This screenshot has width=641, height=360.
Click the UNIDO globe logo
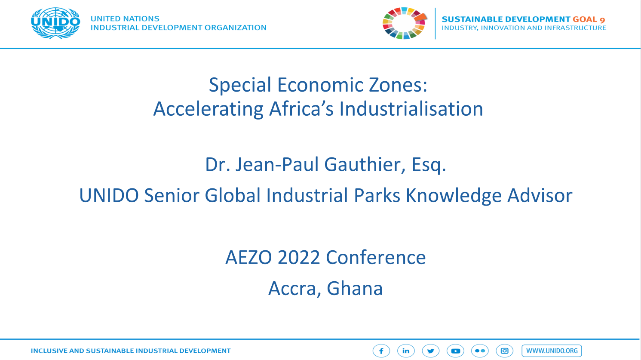55,23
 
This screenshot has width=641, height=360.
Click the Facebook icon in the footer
381,351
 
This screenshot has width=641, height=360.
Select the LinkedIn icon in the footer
406,351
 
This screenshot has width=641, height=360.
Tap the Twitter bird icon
430,351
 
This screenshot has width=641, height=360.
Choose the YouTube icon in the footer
455,351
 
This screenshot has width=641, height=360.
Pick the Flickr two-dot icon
480,351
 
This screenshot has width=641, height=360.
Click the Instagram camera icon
504,351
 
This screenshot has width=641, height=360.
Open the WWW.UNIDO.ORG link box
552,351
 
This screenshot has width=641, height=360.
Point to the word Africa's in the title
301,109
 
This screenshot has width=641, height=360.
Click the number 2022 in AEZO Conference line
298,257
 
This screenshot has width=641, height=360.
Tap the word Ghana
355,288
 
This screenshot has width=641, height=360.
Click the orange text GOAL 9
589,19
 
